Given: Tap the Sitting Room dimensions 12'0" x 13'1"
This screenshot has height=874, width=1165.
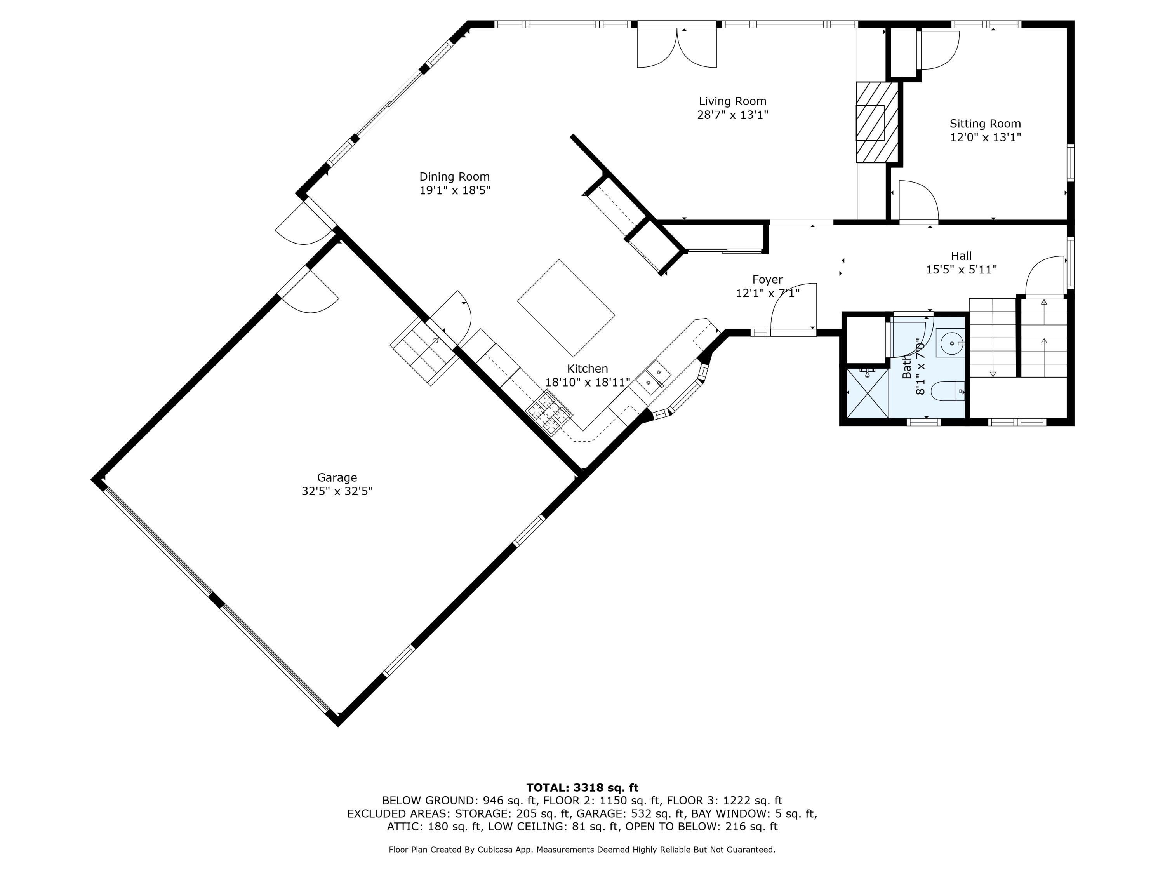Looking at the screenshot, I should click(985, 138).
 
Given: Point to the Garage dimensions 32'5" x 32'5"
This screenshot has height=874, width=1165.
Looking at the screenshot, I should click(337, 491).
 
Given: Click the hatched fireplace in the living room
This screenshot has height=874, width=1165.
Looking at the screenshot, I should click(876, 122).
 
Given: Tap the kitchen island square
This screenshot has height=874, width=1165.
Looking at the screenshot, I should click(566, 308).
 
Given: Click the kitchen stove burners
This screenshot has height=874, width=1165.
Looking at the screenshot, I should click(550, 413).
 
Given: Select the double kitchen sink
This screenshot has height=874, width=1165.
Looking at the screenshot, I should click(653, 379).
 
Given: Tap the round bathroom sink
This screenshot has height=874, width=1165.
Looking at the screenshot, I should click(952, 343).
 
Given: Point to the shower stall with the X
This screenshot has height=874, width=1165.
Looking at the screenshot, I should click(866, 393).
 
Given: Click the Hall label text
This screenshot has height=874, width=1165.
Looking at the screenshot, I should click(961, 256).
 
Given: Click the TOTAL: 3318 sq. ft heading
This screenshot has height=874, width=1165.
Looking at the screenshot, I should click(582, 788).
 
